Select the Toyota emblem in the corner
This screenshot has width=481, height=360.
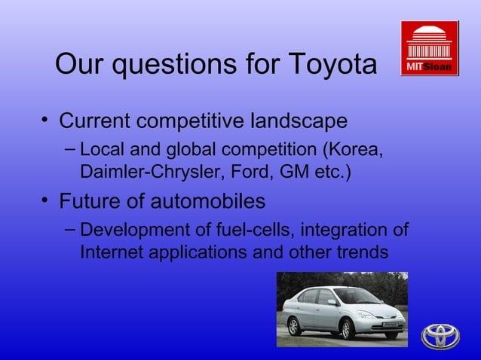click(440, 335)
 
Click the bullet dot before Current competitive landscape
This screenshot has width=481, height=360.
click(45, 121)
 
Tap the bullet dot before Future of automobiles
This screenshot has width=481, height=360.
click(45, 201)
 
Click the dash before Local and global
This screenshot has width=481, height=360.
click(69, 150)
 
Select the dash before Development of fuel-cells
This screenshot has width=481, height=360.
click(69, 229)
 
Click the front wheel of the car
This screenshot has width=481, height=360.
click(348, 328)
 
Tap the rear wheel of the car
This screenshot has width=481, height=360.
click(293, 325)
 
